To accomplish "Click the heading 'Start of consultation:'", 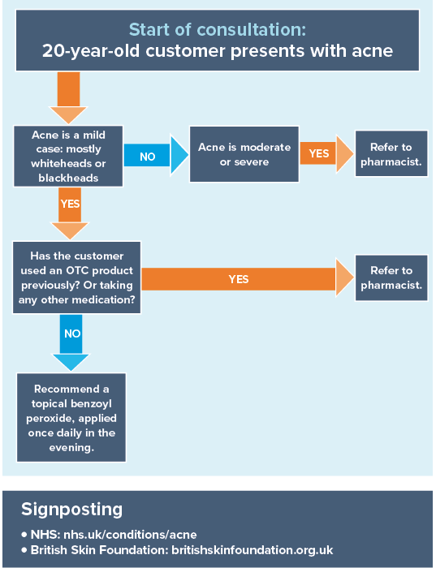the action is click(x=218, y=30).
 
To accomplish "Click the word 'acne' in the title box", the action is click(x=372, y=50).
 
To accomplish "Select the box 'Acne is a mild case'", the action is click(x=68, y=156).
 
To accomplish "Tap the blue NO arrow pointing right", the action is click(x=156, y=156).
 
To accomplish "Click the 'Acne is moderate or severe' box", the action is click(x=244, y=154).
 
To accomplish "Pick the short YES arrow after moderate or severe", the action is click(x=326, y=153).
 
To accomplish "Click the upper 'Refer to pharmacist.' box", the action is click(x=391, y=154).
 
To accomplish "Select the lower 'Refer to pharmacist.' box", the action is click(x=391, y=278).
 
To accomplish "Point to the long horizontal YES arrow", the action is click(x=248, y=278).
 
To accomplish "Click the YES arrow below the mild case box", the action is click(x=70, y=213).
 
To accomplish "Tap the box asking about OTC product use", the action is click(x=77, y=278).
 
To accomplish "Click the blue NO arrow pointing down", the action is click(x=71, y=342).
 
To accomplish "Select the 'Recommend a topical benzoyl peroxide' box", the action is click(x=71, y=418).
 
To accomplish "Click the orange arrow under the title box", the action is click(x=68, y=98).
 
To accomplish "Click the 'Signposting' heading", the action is click(x=71, y=509).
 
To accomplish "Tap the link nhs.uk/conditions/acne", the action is click(x=130, y=535).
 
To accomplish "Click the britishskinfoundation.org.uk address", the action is click(x=253, y=550).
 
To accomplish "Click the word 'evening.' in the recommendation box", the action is click(x=71, y=448).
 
